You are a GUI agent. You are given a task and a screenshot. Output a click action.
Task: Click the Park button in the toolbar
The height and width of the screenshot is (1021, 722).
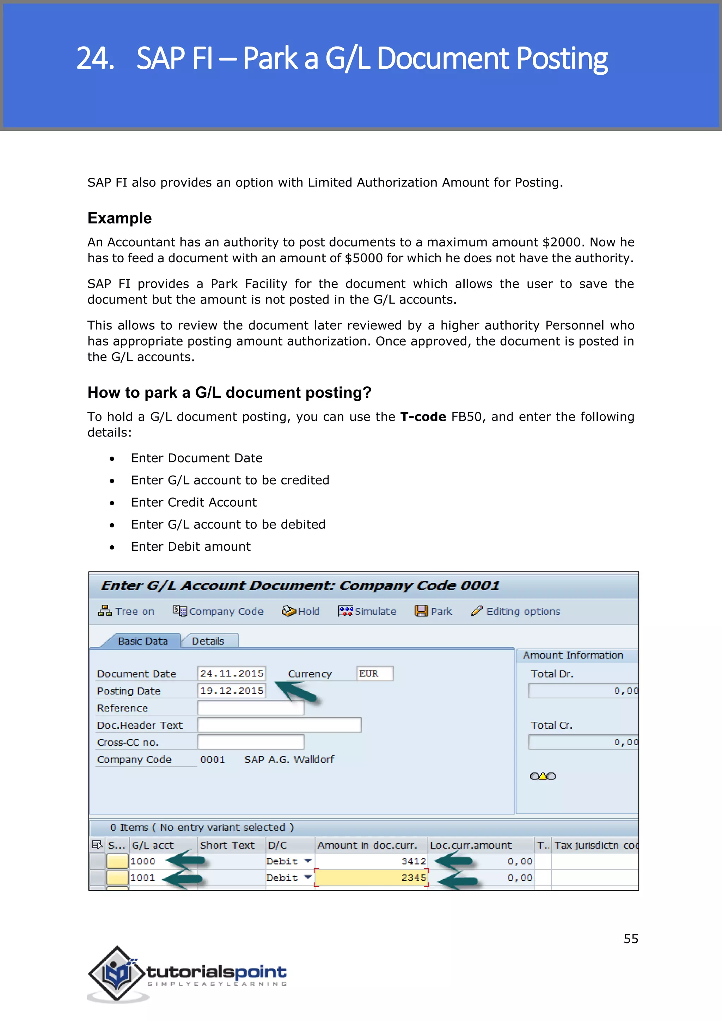(434, 611)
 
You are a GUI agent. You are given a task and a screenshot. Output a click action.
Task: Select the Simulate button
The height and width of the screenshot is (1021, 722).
(367, 611)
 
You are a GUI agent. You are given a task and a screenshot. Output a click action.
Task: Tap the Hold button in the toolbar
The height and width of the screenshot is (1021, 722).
(301, 611)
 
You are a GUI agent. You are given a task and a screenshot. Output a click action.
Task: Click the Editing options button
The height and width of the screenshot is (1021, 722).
(516, 611)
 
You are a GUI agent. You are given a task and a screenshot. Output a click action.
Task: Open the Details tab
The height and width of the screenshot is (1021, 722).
(208, 641)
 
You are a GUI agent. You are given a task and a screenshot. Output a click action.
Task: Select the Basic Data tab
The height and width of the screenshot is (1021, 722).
(143, 641)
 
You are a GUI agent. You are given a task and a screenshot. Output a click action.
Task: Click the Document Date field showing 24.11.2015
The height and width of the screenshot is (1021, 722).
(231, 673)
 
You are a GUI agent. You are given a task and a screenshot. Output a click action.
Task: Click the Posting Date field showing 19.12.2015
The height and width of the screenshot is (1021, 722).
(231, 691)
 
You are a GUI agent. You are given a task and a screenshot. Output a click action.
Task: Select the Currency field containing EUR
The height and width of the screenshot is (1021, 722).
(374, 673)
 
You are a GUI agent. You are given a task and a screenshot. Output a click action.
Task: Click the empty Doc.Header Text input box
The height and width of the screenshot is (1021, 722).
(279, 725)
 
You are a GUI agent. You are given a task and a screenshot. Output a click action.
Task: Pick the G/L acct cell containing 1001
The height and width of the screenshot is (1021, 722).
(143, 878)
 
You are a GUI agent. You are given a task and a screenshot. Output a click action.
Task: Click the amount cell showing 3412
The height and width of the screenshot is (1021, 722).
(371, 861)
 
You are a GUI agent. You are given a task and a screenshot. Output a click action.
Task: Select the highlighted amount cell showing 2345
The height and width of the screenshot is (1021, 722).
(371, 878)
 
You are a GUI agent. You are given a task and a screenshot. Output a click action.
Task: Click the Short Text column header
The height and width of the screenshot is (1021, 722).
(227, 845)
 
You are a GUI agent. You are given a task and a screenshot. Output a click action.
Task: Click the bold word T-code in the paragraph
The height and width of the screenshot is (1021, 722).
(423, 417)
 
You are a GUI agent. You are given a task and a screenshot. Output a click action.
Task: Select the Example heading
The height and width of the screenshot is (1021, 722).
(120, 218)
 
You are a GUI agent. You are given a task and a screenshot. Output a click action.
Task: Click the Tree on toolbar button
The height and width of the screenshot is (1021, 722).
(126, 611)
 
